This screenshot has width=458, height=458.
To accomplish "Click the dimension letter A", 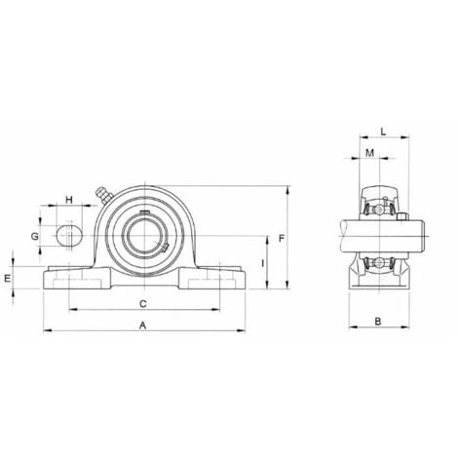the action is coord(143,325).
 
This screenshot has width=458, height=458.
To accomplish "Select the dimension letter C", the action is coord(143,304).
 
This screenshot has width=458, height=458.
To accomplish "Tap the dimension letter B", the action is coord(378,322).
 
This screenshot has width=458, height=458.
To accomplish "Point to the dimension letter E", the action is coord(8,279).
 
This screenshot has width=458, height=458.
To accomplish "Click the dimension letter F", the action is coord(282,239).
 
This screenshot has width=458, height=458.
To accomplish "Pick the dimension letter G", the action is coord(34,237).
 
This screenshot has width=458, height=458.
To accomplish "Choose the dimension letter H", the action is coord(69,200).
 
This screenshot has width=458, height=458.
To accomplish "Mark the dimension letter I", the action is coord(263,263).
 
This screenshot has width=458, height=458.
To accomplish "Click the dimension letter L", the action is coord(383,132).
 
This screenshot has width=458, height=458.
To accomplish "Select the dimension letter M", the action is coord(370,153).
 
